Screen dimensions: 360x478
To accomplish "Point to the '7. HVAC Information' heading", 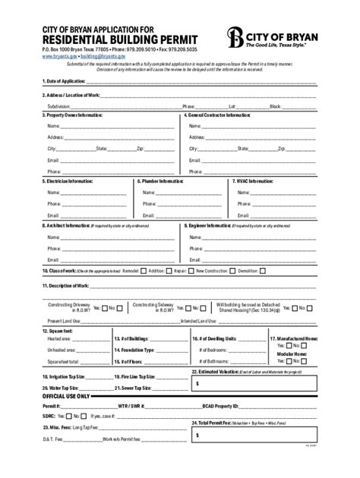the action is [252, 182].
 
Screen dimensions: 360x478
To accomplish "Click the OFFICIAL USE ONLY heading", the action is [66, 396].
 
